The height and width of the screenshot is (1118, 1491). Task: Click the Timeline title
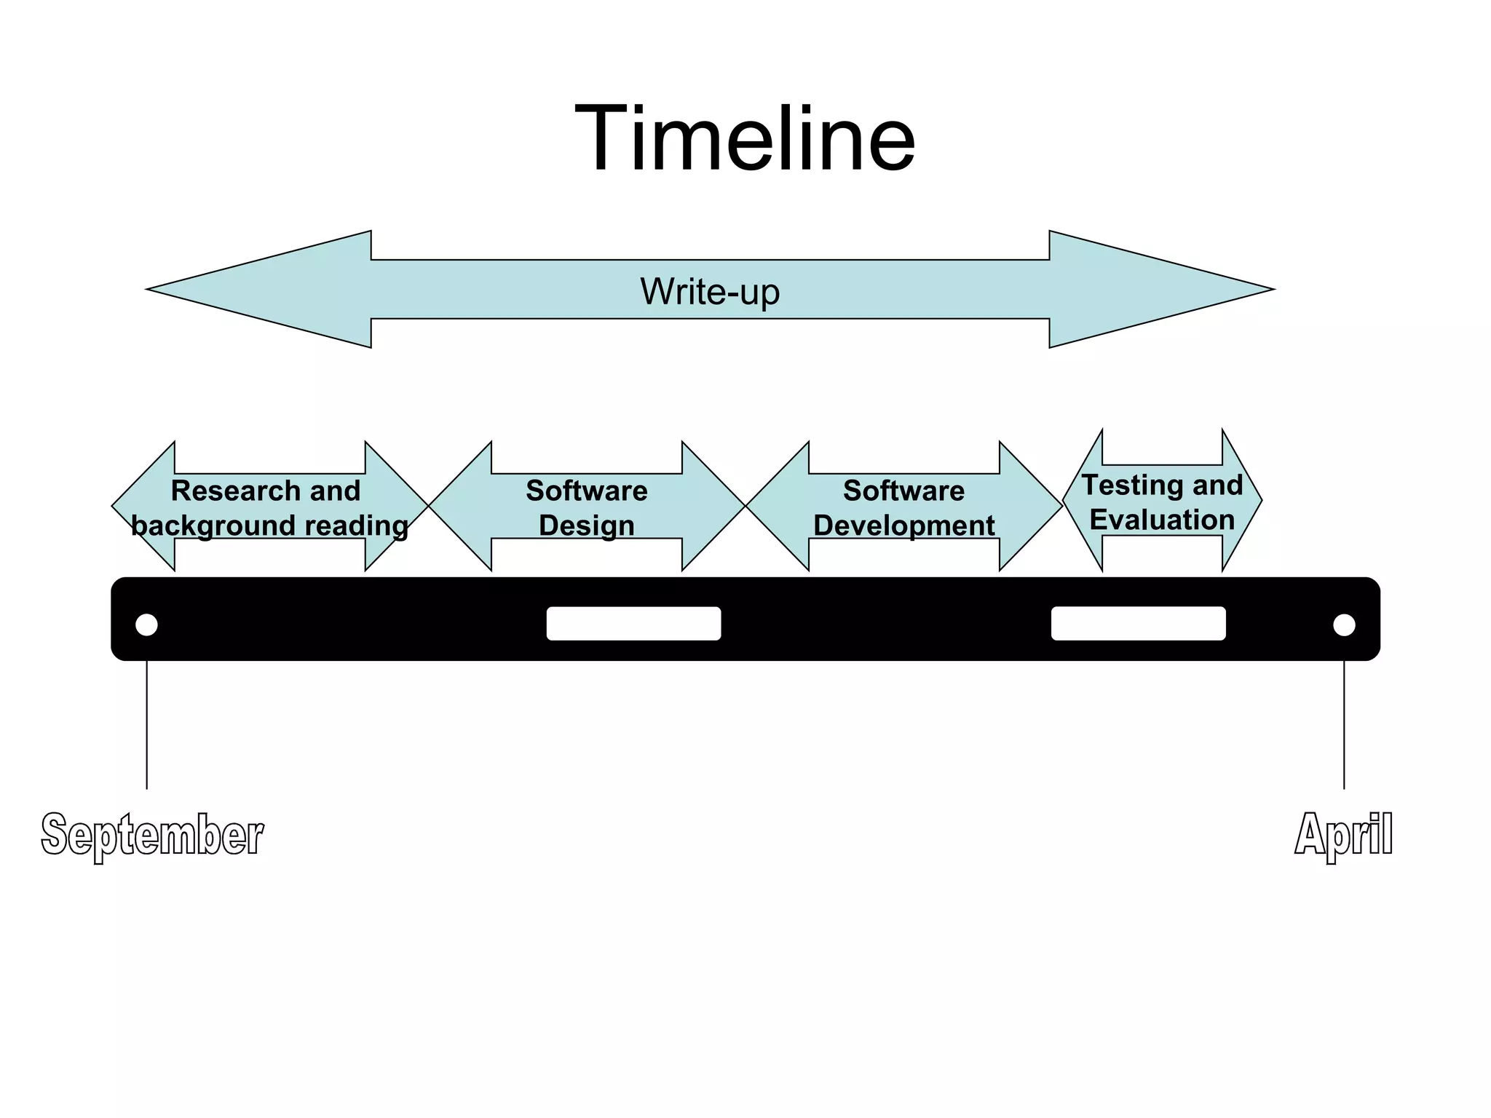point(745,138)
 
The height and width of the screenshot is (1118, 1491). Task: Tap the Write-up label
point(710,291)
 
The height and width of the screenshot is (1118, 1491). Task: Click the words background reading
point(270,526)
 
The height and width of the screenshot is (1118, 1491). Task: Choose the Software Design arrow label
point(587,507)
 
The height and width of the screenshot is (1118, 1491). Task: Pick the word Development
point(903,526)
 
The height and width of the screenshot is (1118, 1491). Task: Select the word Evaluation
point(1162,520)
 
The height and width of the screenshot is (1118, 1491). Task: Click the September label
point(152,834)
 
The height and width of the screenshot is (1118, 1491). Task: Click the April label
point(1343,834)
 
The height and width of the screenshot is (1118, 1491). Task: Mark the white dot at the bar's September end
point(146,625)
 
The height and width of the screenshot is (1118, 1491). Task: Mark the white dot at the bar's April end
point(1344,625)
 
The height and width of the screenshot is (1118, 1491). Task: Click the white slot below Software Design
point(633,624)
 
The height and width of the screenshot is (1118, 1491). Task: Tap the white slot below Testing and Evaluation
point(1138,624)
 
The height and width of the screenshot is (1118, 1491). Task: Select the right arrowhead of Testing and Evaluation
point(1241,500)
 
